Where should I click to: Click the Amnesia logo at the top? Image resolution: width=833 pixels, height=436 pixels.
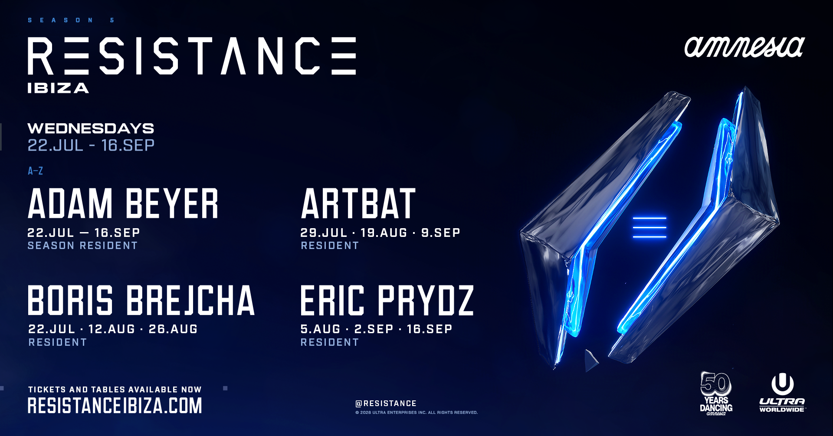[x=744, y=47]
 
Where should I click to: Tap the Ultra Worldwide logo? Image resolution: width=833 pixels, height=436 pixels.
[x=782, y=393]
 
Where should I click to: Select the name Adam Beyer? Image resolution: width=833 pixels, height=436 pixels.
[x=123, y=204]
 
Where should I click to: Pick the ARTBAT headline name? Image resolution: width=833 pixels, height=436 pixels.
[x=358, y=204]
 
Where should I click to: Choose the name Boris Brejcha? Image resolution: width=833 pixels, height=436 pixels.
[x=141, y=300]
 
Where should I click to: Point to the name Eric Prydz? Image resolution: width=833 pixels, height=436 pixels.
[x=387, y=300]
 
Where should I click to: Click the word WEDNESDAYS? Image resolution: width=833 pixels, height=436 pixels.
[x=91, y=128]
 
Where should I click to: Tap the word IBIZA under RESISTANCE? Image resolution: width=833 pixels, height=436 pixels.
[x=58, y=89]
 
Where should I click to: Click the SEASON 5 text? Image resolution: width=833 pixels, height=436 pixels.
[x=71, y=20]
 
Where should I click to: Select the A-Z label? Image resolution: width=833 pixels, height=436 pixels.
[x=35, y=171]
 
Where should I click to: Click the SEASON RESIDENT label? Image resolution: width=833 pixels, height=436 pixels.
[x=82, y=246]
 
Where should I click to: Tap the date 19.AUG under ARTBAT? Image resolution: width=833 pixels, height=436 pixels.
[x=384, y=233]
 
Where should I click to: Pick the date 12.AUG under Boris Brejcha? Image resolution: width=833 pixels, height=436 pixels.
[x=112, y=329]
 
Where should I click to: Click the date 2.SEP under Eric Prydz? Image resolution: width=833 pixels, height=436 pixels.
[x=374, y=329]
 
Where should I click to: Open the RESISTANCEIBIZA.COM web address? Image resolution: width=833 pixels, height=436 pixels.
[x=115, y=406]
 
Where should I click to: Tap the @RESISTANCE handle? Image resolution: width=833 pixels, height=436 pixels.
[x=386, y=403]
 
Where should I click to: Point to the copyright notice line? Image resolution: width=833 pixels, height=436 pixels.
[x=416, y=413]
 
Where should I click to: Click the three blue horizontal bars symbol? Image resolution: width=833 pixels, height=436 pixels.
[x=649, y=227]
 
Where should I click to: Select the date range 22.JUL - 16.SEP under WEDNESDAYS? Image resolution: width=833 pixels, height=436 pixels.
[x=91, y=145]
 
